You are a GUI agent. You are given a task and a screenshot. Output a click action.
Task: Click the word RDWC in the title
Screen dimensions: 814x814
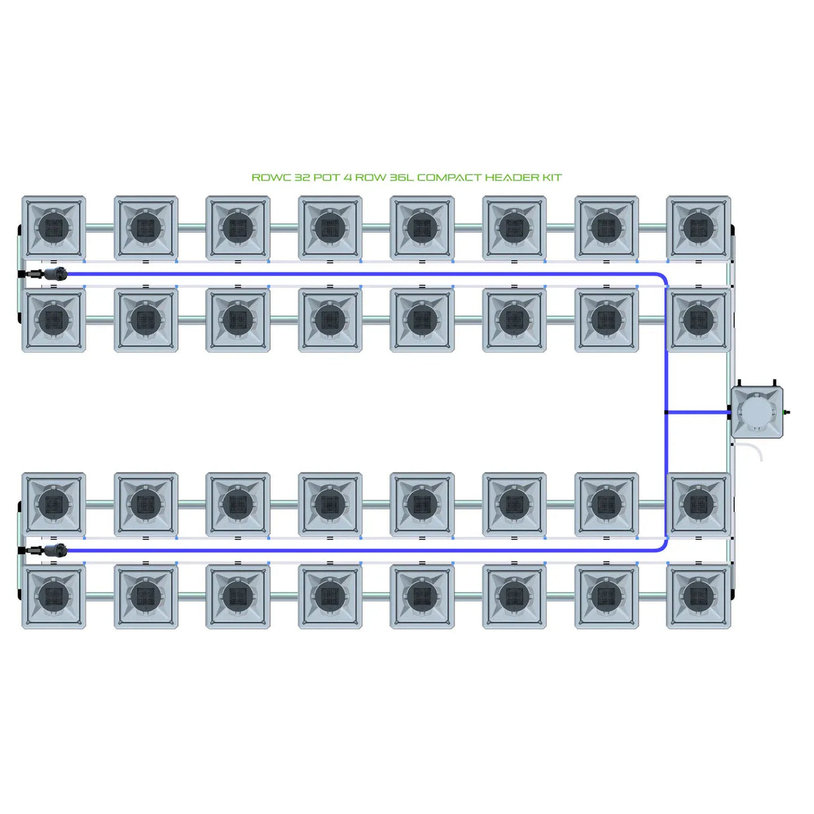(x=272, y=178)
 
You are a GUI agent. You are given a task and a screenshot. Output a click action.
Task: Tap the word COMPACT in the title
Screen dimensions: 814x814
(x=449, y=178)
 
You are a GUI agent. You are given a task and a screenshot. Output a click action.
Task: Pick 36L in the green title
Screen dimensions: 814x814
(x=402, y=178)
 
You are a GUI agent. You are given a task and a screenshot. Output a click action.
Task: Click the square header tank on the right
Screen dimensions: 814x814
(x=757, y=412)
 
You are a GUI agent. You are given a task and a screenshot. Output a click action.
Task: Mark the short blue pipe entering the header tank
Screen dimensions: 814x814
(x=697, y=412)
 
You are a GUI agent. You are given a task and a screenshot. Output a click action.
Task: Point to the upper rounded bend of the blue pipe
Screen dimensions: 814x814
(x=662, y=278)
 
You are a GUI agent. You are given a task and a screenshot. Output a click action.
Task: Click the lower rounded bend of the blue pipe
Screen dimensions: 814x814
(x=662, y=546)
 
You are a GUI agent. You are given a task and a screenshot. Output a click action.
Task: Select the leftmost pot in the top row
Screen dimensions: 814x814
(x=54, y=227)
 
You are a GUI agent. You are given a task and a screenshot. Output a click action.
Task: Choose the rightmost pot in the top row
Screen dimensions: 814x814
(x=698, y=227)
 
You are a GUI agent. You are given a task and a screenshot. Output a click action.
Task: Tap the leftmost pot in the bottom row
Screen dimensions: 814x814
(x=54, y=596)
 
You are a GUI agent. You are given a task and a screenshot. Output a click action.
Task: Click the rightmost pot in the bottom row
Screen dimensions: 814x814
(x=698, y=596)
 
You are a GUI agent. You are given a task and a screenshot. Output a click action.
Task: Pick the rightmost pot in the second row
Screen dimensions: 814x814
(x=698, y=320)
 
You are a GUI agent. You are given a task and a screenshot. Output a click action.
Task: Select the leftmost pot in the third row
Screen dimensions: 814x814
(x=54, y=504)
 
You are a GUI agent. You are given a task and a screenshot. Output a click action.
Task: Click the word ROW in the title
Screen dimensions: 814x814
(x=370, y=178)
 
